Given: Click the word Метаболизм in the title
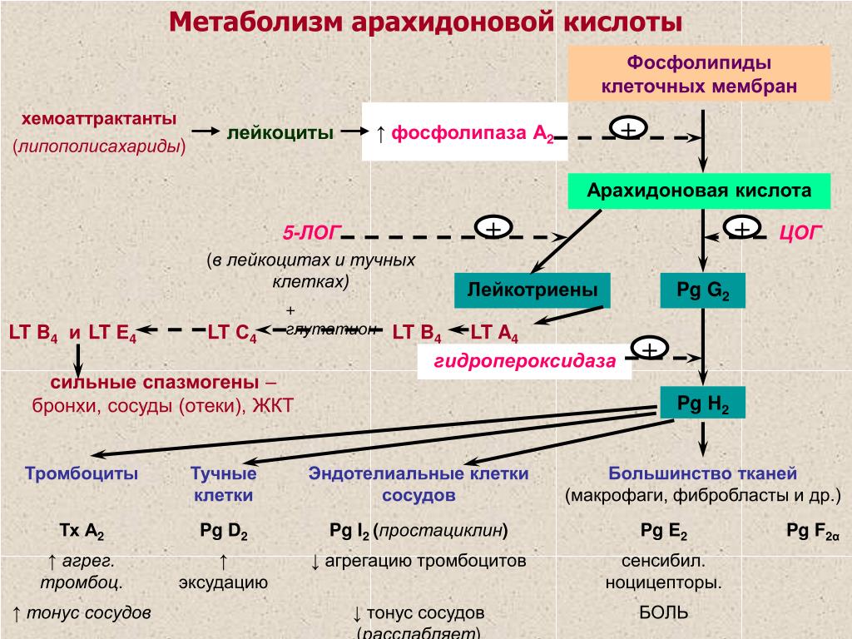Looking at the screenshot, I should [255, 22].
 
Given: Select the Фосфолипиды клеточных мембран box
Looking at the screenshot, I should [699, 74].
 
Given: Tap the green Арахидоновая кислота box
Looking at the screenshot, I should [699, 191].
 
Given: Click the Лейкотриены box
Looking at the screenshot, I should [532, 290].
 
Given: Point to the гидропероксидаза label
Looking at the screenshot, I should [524, 361].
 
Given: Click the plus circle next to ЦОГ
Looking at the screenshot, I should [742, 227].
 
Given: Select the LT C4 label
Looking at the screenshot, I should [232, 333].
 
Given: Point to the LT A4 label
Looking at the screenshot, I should [494, 333].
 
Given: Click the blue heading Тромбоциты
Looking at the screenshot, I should [82, 473].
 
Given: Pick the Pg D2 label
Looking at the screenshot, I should [224, 531].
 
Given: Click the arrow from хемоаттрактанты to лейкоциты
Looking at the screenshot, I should [205, 131].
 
